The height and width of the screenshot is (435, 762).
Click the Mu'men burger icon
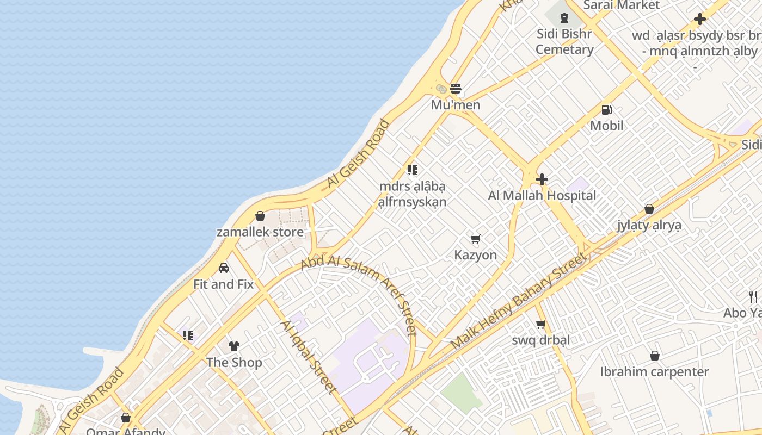tap(456, 89)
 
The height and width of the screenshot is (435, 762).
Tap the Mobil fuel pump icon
tap(606, 110)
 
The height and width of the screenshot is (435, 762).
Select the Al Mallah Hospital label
tap(542, 196)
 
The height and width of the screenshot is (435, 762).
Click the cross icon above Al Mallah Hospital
tap(542, 179)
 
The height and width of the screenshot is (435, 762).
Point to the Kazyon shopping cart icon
tap(476, 239)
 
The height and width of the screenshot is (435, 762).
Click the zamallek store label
tap(260, 232)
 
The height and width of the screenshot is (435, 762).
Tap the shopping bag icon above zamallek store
tap(260, 216)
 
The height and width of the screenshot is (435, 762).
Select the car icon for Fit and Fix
tap(224, 268)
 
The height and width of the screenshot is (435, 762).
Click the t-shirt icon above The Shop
tap(234, 346)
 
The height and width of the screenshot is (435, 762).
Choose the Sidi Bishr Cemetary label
tap(564, 41)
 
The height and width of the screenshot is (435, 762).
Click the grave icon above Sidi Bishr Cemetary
tap(564, 18)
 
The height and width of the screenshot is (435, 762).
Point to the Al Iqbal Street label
tap(308, 356)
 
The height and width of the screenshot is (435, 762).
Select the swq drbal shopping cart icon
tap(540, 325)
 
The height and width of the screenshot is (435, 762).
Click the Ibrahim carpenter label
tap(654, 372)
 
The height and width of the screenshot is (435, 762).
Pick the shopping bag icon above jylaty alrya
tap(649, 209)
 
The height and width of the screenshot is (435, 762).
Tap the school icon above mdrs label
tap(413, 170)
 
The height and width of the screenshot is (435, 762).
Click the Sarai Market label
tap(621, 5)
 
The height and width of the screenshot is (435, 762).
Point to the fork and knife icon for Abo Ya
tap(753, 296)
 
